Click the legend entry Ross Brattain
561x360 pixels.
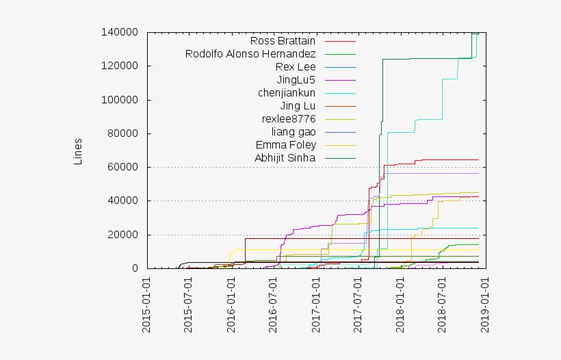(283, 40)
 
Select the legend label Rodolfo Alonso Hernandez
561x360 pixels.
(250, 53)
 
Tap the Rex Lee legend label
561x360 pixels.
(296, 66)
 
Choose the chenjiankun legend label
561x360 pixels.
(287, 92)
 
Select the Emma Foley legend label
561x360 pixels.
(285, 144)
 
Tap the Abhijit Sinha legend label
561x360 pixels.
(285, 157)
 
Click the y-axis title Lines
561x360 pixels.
(77, 151)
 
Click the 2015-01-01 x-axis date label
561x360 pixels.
(147, 305)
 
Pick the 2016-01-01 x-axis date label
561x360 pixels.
(231, 305)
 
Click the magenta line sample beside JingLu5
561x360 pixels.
(340, 80)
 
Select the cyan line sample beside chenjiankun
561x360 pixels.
(340, 93)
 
